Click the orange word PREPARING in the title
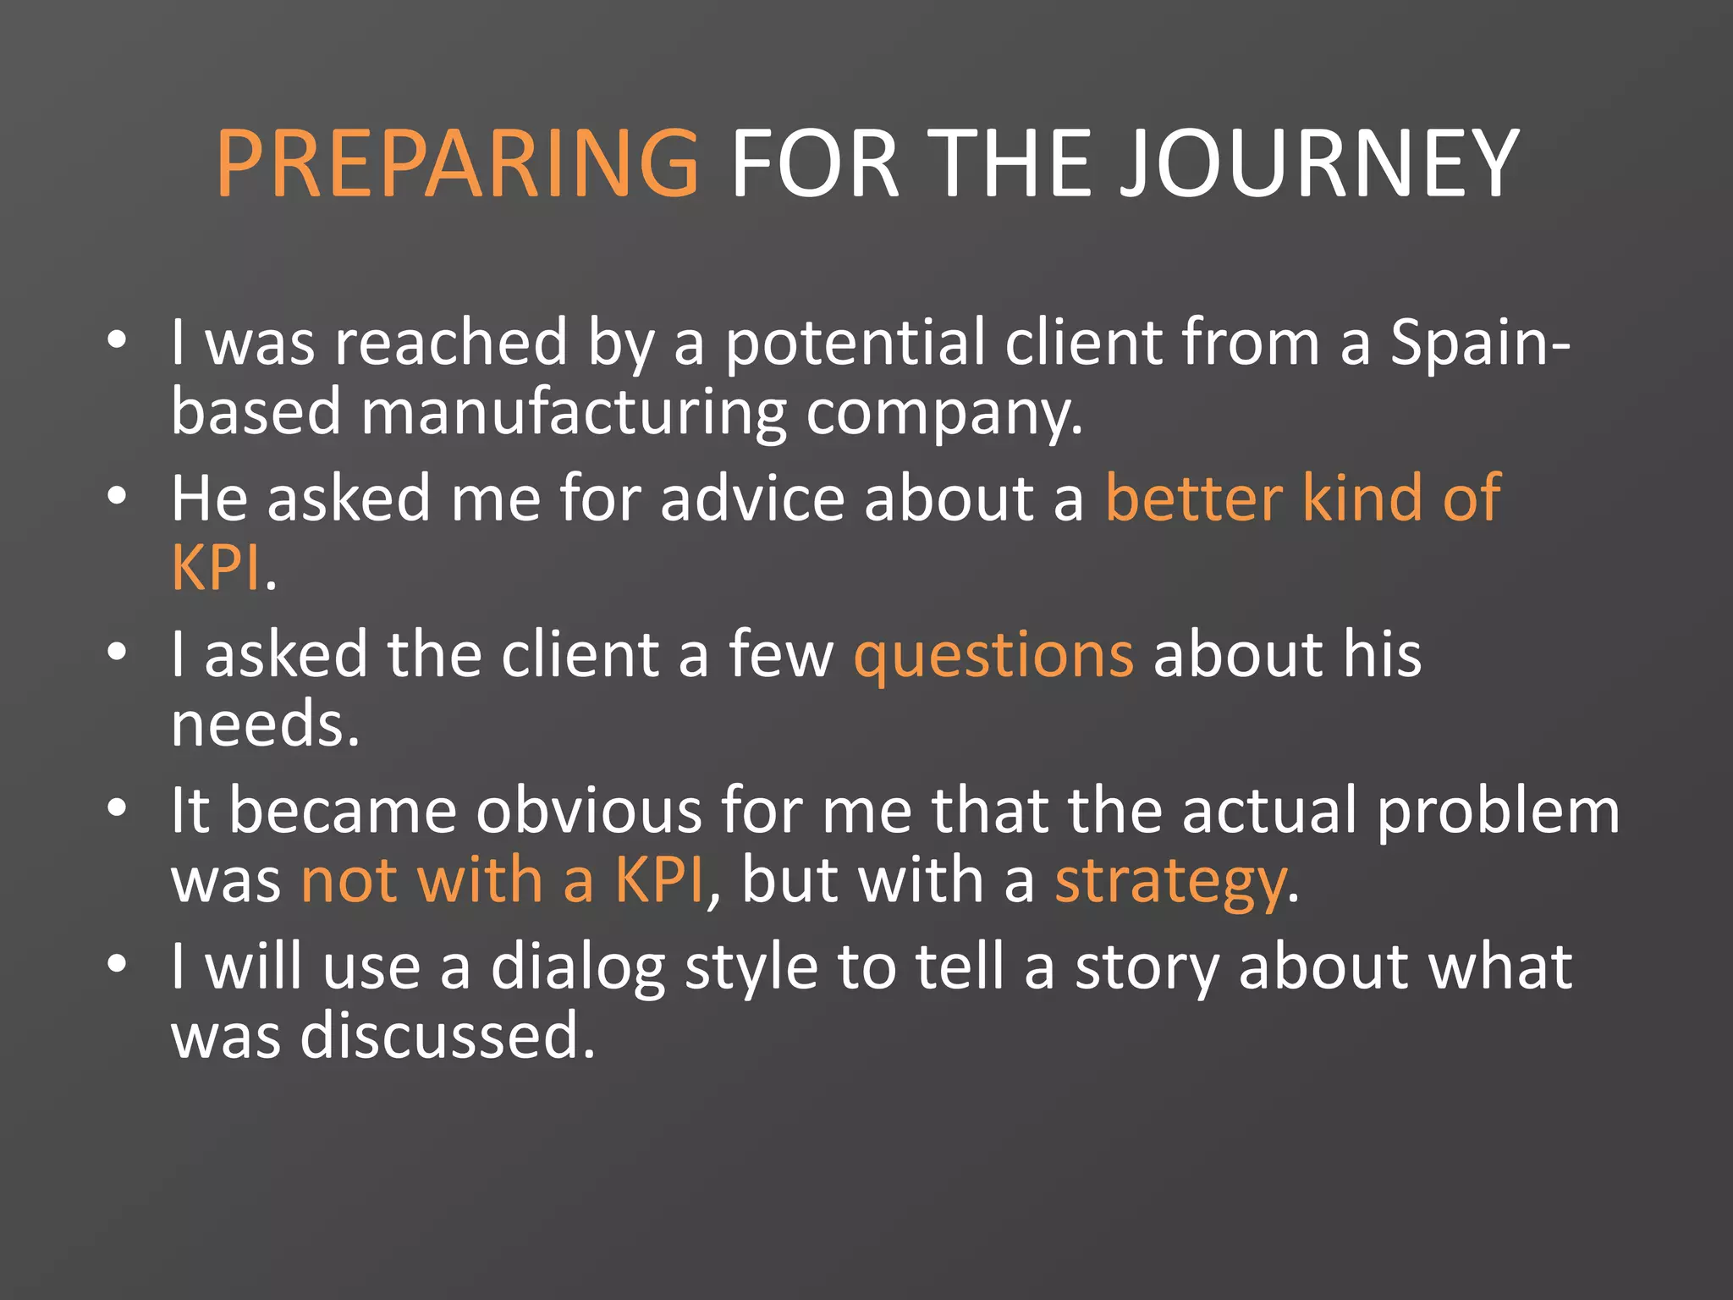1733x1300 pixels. pos(458,163)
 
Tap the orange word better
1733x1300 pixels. pos(1194,499)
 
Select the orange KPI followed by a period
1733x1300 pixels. pos(215,568)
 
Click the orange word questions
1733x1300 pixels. pos(993,655)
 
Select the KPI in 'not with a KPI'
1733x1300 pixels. pos(659,881)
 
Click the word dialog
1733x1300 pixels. pos(578,967)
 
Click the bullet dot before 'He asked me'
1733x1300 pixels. pos(117,495)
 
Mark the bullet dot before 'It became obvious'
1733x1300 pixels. pos(117,807)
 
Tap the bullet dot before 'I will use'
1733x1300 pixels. pos(117,963)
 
